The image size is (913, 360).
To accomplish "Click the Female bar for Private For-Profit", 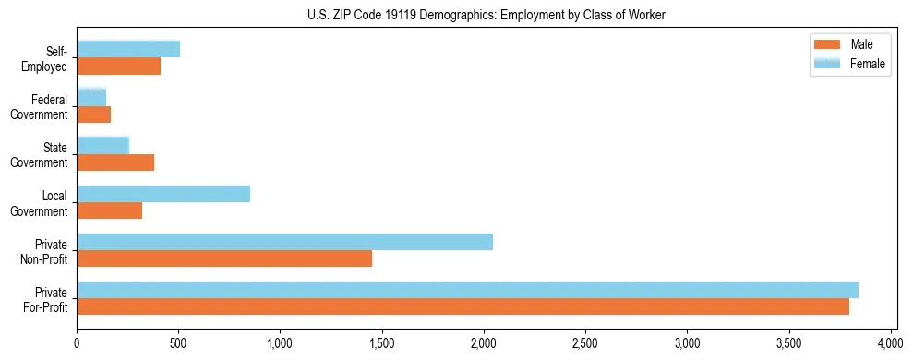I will [467, 290].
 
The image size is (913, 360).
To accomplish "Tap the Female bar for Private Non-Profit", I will [284, 242].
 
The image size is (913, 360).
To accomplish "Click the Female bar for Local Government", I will [163, 194].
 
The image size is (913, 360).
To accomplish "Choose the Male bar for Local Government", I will [109, 210].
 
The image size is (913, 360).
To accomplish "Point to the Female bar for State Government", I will [102, 145].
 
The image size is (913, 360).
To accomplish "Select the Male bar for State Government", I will [115, 162].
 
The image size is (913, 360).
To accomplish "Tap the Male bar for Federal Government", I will [93, 114].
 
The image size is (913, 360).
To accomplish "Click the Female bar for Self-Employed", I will [128, 49].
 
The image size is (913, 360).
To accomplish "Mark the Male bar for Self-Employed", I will [118, 66].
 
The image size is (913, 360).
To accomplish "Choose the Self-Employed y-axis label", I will [50, 58].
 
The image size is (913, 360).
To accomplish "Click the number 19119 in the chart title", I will [404, 15].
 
